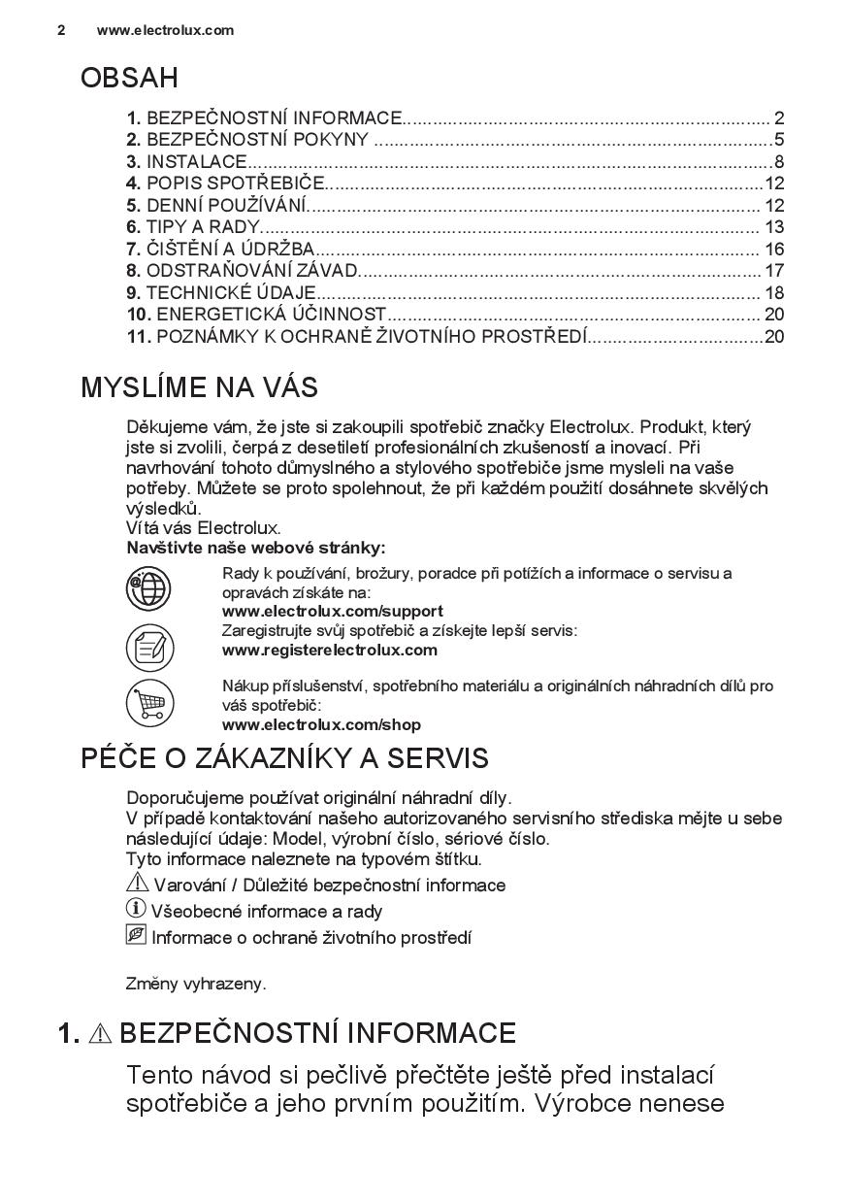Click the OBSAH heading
point(129,79)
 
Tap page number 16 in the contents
point(773,250)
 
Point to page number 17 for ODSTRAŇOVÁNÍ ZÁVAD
point(773,271)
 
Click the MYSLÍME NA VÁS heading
point(199,388)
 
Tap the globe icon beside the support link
point(149,588)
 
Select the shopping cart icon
point(149,703)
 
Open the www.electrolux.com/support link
point(332,612)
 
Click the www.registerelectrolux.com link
point(329,651)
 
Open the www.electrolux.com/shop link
point(321,725)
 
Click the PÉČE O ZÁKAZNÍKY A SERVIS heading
point(284,758)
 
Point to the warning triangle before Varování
point(137,884)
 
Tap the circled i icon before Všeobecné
point(136,910)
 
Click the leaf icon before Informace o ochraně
point(136,936)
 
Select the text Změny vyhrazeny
point(196,984)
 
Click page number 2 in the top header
point(61,30)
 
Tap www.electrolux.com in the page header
point(165,30)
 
